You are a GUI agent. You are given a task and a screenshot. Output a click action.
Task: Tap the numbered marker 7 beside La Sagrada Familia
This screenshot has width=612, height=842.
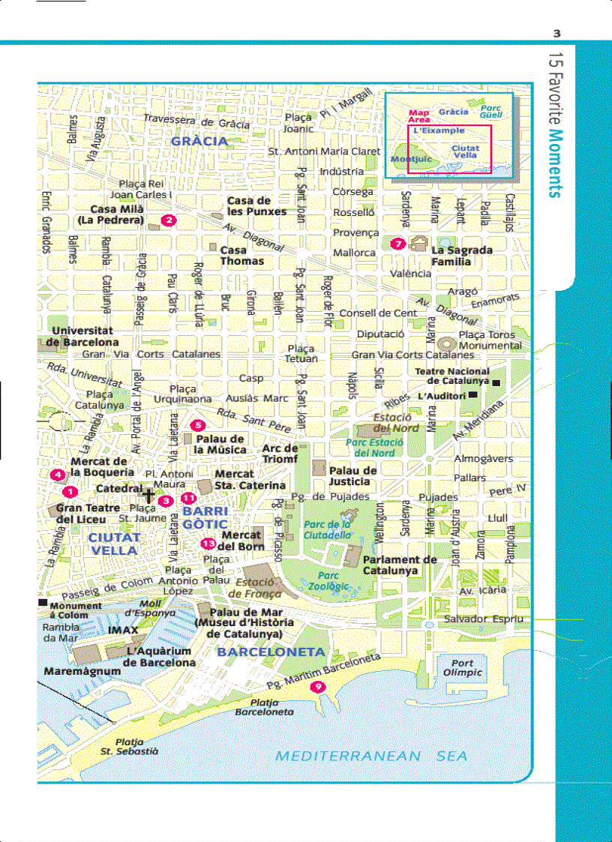(397, 243)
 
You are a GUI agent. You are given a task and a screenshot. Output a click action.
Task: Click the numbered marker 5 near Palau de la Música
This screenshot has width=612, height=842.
(198, 425)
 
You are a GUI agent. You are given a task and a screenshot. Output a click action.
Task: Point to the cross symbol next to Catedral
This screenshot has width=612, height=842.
(148, 496)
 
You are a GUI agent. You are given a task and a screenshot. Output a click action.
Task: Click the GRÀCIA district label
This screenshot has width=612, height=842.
(199, 140)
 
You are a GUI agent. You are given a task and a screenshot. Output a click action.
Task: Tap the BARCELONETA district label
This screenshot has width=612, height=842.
(270, 652)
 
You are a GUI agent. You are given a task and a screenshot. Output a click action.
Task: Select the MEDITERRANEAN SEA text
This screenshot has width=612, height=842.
(371, 756)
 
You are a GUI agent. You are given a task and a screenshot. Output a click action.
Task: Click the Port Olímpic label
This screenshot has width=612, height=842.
(462, 667)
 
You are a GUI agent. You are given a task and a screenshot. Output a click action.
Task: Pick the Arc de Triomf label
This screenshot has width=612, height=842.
(280, 454)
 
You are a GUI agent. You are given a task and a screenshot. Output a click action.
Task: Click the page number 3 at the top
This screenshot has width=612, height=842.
(556, 33)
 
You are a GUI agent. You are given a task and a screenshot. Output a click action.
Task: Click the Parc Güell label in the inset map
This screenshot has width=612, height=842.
(491, 112)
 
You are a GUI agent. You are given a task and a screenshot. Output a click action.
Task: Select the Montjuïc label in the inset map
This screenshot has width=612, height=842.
(410, 160)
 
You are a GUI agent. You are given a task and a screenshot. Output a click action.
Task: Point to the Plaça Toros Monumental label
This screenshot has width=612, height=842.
(490, 340)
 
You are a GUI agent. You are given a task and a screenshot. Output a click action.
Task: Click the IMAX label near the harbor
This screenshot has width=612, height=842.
(123, 630)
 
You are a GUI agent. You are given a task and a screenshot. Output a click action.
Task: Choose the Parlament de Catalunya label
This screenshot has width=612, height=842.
(400, 565)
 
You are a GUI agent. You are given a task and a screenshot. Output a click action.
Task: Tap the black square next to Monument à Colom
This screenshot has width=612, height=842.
(43, 602)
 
